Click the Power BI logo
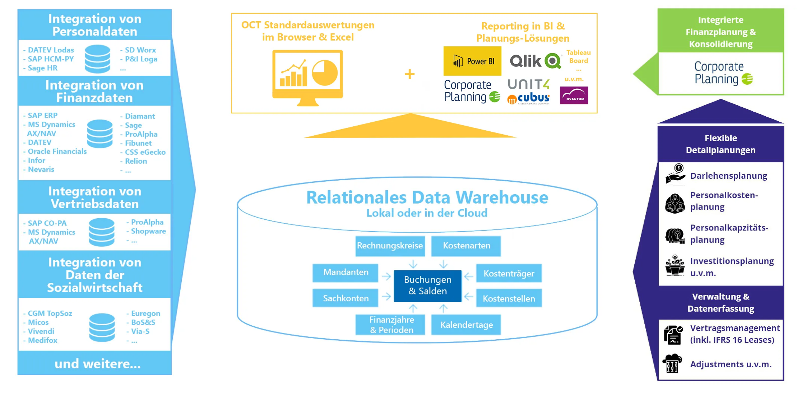[x=472, y=61]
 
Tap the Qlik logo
[x=535, y=61]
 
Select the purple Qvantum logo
[x=574, y=95]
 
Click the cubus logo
[x=529, y=98]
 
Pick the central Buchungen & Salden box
[x=427, y=285]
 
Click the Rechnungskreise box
[x=390, y=246]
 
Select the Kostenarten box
[x=466, y=246]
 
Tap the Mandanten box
[x=345, y=272]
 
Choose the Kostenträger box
[x=509, y=274]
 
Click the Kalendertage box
[x=466, y=325]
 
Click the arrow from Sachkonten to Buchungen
[x=386, y=297]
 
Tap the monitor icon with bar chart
[x=307, y=77]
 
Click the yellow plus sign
[x=409, y=74]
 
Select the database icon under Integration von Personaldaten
[x=97, y=59]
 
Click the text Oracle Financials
[x=57, y=152]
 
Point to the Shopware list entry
[x=148, y=231]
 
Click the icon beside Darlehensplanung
[x=675, y=175]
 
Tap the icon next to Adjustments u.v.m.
[x=672, y=364]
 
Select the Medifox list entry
[x=42, y=340]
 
